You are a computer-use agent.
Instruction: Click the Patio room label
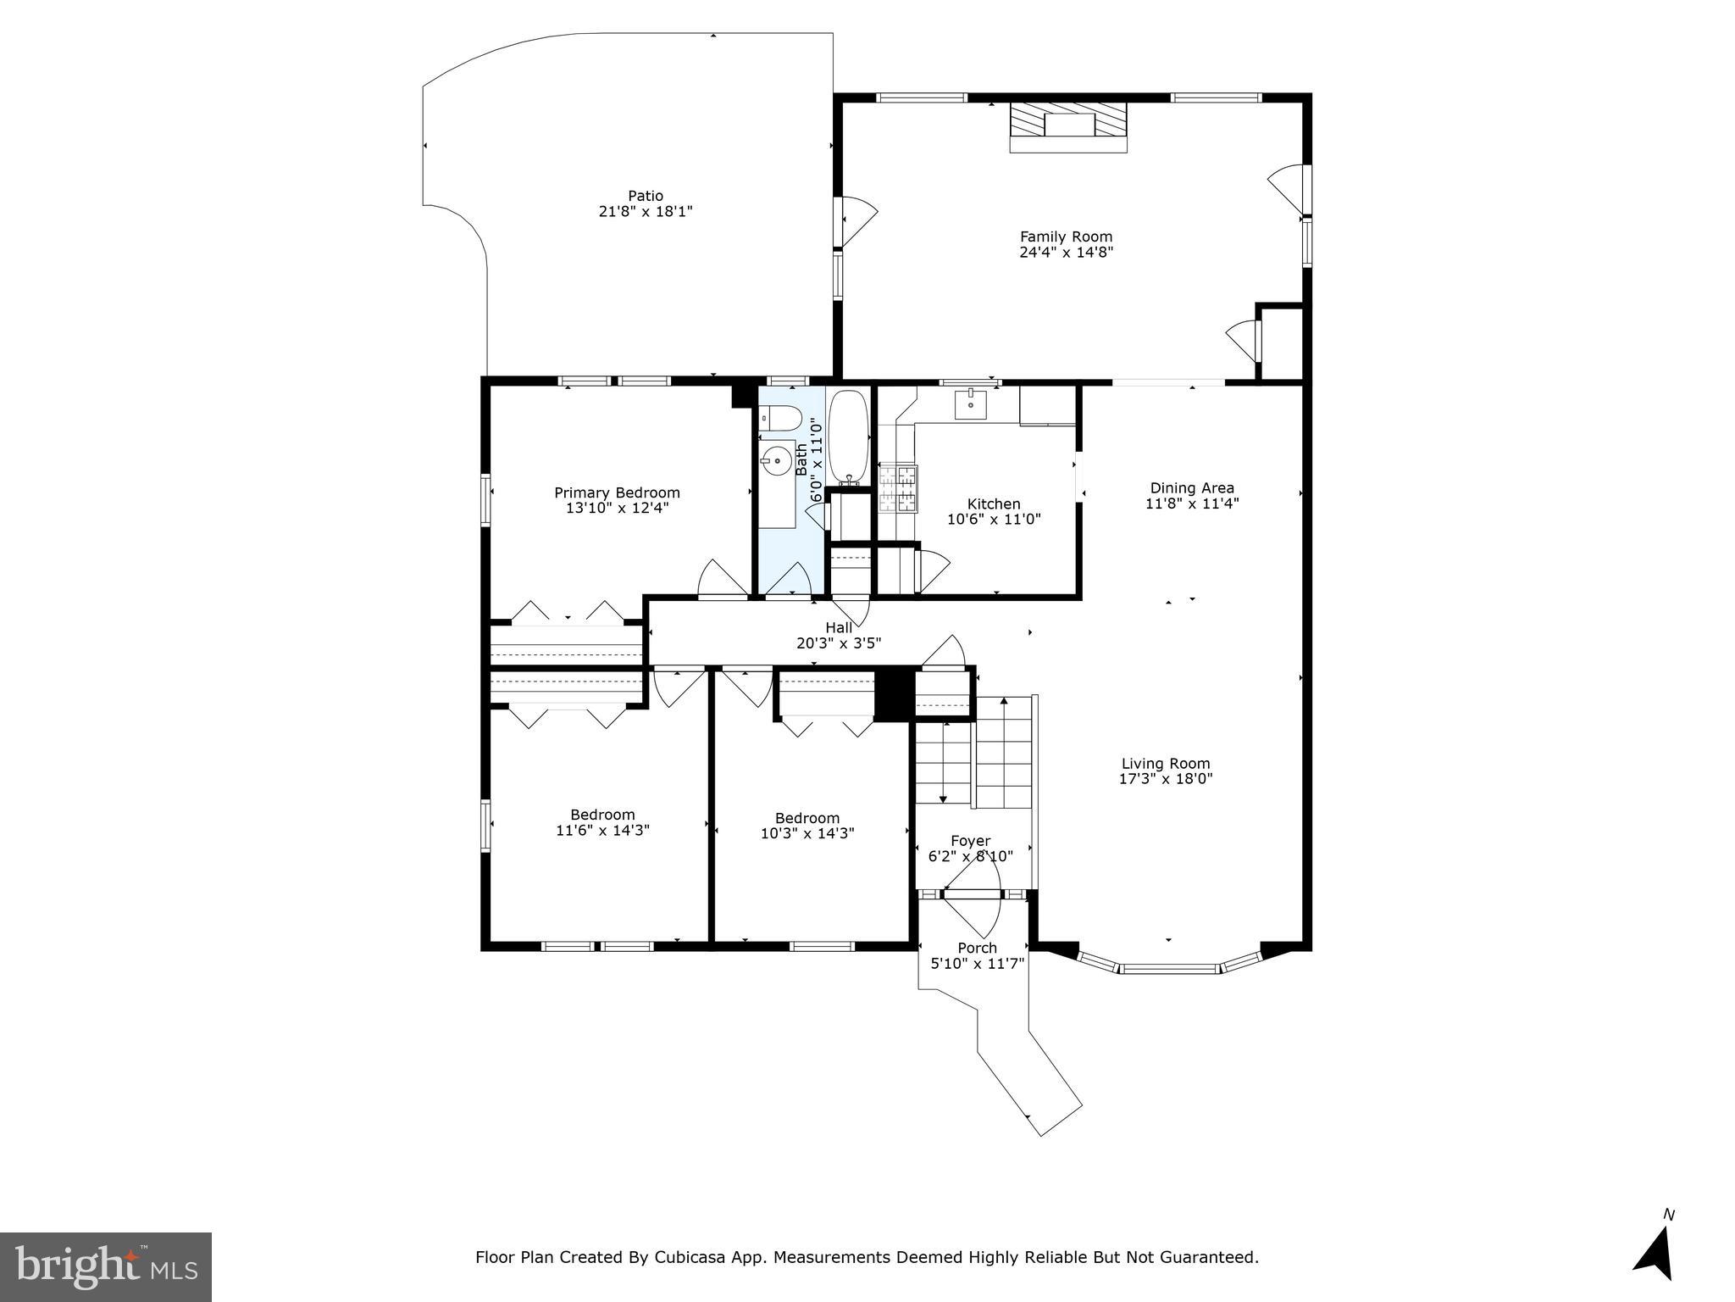tap(646, 196)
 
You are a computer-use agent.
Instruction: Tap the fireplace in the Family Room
tap(1068, 125)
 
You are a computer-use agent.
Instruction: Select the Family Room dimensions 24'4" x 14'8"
tap(1066, 252)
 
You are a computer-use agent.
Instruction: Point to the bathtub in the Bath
tap(848, 436)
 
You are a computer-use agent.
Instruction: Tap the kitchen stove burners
tap(898, 489)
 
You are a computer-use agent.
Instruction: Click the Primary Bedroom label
tap(617, 492)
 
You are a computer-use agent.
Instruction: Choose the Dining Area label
tap(1191, 487)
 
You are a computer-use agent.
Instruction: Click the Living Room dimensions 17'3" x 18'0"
tap(1166, 778)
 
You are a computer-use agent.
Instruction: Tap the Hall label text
tap(839, 627)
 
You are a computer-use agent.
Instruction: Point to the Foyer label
tap(970, 841)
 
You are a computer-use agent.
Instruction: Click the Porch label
tap(977, 948)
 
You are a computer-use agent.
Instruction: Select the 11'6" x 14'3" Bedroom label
tap(602, 815)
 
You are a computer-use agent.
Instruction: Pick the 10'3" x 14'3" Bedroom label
tap(807, 818)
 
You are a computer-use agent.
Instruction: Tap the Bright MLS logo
tap(106, 1266)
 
